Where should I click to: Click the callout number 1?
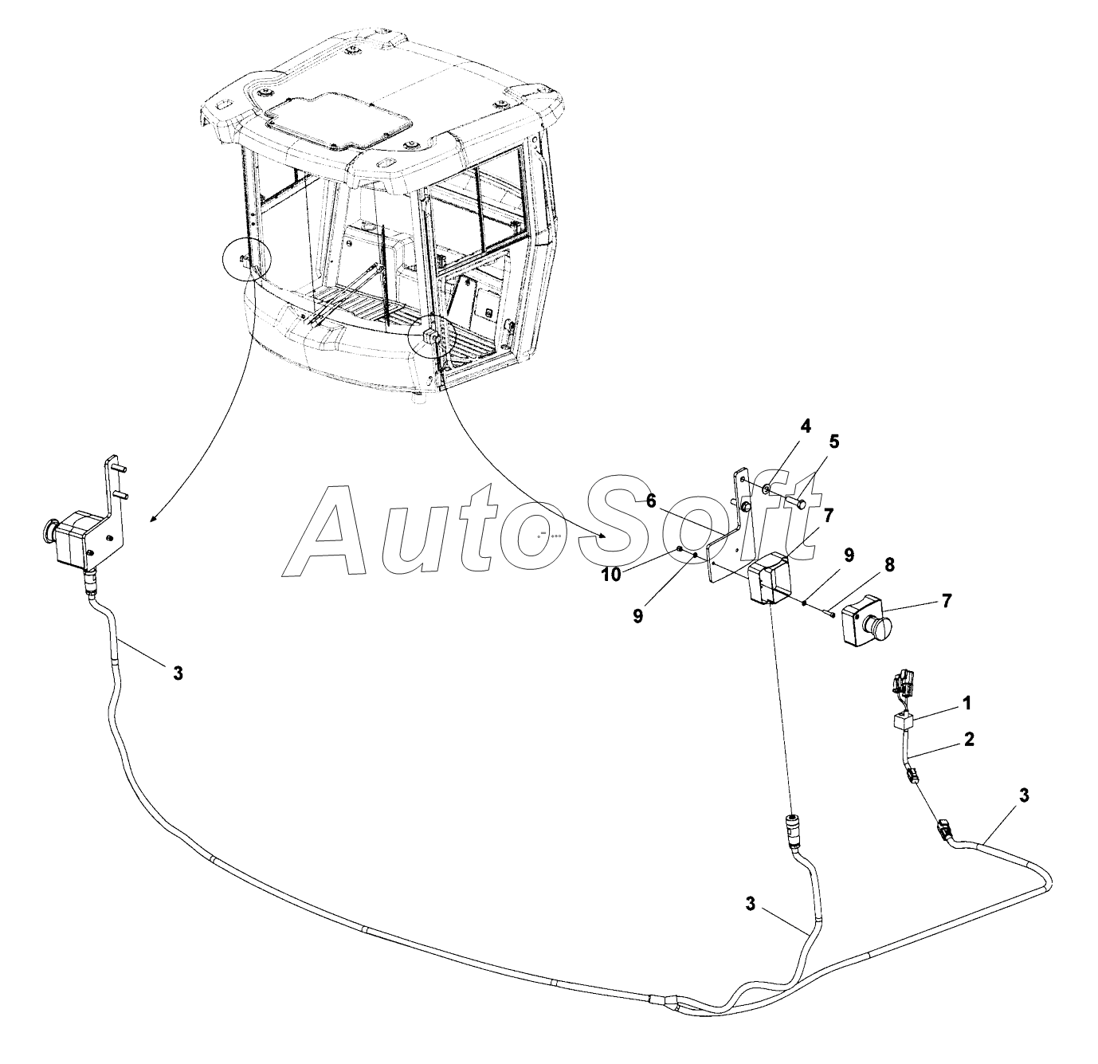pos(967,703)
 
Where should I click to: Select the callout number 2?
pos(969,739)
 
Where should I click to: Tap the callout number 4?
pos(806,426)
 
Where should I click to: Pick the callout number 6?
pos(651,501)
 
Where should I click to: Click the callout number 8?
pos(889,564)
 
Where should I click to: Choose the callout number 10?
pos(611,575)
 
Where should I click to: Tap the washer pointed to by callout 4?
pos(766,488)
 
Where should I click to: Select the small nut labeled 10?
pos(677,550)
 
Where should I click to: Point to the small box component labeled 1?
pos(904,722)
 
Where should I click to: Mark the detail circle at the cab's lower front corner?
pos(431,336)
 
